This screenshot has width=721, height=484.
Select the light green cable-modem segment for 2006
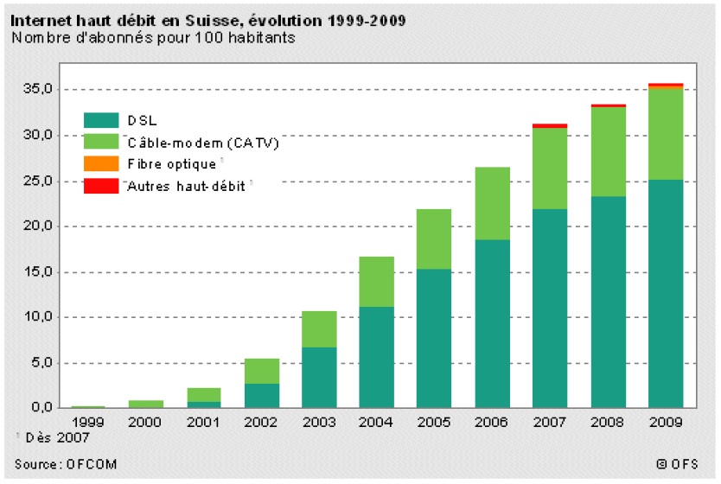pyautogui.click(x=492, y=203)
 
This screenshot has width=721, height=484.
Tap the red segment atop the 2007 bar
pyautogui.click(x=550, y=126)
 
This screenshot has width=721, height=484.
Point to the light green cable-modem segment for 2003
pyautogui.click(x=319, y=329)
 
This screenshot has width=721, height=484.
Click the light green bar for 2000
pyautogui.click(x=146, y=404)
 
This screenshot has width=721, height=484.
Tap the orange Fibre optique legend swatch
pyautogui.click(x=100, y=163)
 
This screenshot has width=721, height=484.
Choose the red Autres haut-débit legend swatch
pyautogui.click(x=100, y=185)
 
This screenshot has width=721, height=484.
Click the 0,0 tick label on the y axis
pyautogui.click(x=42, y=408)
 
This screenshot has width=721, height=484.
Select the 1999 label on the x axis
pyautogui.click(x=88, y=423)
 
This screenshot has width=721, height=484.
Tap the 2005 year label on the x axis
pyautogui.click(x=435, y=423)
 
